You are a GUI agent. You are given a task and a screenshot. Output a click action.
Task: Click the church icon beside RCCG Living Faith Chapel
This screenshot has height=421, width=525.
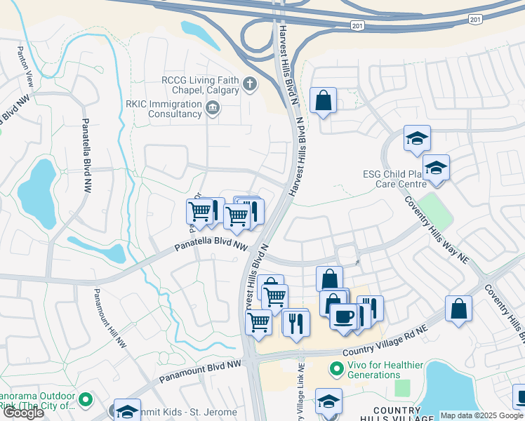[248, 85]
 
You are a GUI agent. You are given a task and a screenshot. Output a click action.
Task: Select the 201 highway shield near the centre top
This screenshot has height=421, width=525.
[358, 25]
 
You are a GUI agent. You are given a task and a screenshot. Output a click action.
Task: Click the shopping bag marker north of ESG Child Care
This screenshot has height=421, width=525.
[323, 100]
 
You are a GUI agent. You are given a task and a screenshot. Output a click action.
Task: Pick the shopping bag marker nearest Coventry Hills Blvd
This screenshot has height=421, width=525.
[458, 308]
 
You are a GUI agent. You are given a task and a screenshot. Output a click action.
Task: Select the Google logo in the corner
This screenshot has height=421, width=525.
[23, 413]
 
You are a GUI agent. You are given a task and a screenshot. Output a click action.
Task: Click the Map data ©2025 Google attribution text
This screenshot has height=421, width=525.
[481, 415]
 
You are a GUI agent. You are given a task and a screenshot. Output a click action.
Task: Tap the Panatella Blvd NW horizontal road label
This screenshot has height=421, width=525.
[212, 247]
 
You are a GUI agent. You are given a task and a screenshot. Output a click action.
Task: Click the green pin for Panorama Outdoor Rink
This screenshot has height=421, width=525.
[86, 400]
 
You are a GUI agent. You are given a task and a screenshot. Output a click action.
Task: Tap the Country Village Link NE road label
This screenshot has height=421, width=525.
[300, 393]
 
